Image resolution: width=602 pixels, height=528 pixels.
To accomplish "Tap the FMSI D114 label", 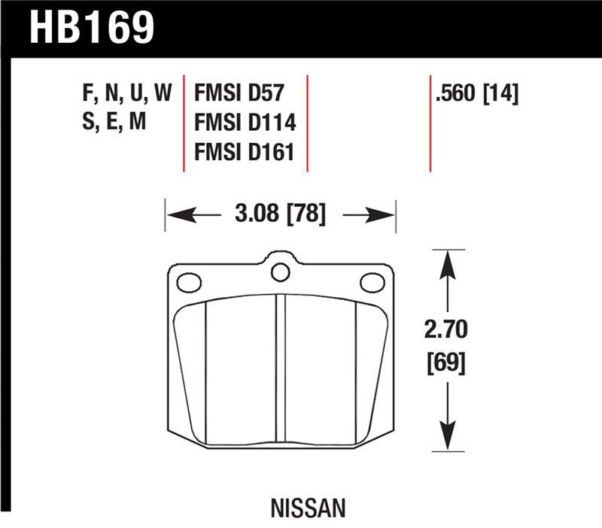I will point(245,123).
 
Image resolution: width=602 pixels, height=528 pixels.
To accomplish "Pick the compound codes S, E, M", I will point(113,123).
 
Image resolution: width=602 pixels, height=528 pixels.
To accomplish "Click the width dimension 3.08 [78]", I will point(280,215).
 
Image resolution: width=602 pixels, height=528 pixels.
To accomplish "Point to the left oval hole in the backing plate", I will point(189,283).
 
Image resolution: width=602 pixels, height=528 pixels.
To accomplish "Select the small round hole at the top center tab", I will point(280,272).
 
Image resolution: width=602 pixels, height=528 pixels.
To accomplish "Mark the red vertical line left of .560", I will point(430,124).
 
